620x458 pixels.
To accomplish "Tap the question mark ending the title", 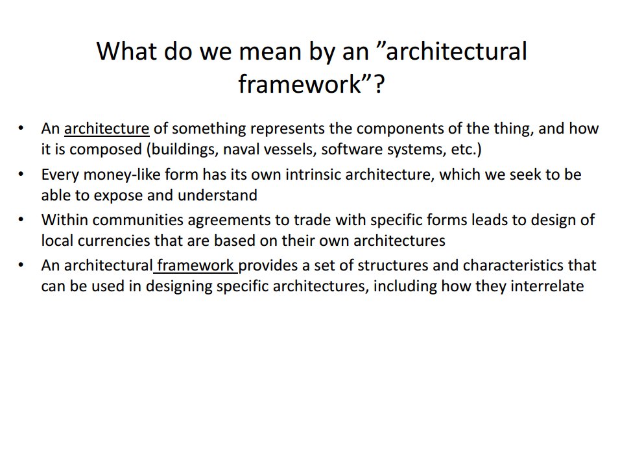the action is click(x=379, y=84).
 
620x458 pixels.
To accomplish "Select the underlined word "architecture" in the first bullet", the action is click(x=107, y=128).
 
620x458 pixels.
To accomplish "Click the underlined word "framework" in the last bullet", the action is click(x=195, y=265).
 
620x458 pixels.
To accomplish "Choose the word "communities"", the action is click(x=138, y=220).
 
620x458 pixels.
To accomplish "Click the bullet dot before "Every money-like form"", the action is click(x=21, y=174).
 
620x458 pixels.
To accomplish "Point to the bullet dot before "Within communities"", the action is click(x=21, y=219).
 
